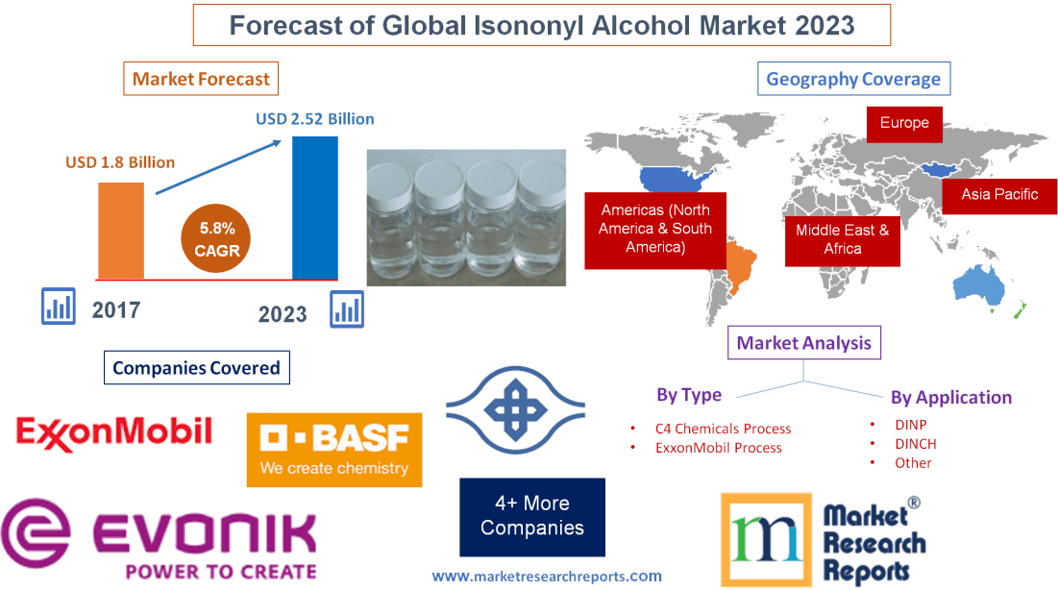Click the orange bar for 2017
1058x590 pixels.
[x=120, y=231]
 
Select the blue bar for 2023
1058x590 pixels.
[x=315, y=208]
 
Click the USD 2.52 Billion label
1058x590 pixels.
[x=314, y=119]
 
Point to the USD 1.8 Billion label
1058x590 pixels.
[x=120, y=162]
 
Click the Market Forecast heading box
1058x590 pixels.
[x=201, y=79]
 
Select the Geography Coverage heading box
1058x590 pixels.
[x=853, y=79]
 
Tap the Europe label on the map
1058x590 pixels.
[x=904, y=123]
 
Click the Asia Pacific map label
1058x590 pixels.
[x=999, y=194]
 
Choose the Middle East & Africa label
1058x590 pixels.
[x=842, y=239]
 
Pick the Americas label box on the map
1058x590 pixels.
[x=655, y=229]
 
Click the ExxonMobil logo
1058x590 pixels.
[x=113, y=431]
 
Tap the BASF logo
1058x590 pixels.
[x=333, y=450]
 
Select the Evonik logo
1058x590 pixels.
[x=160, y=539]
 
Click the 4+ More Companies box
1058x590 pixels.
[x=532, y=516]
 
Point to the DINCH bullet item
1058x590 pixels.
[x=914, y=443]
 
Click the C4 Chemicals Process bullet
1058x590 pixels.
[x=723, y=429]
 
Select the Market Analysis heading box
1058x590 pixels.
[x=803, y=342]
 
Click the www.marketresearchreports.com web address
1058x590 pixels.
[x=547, y=576]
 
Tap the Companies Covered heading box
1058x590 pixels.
[x=196, y=367]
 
